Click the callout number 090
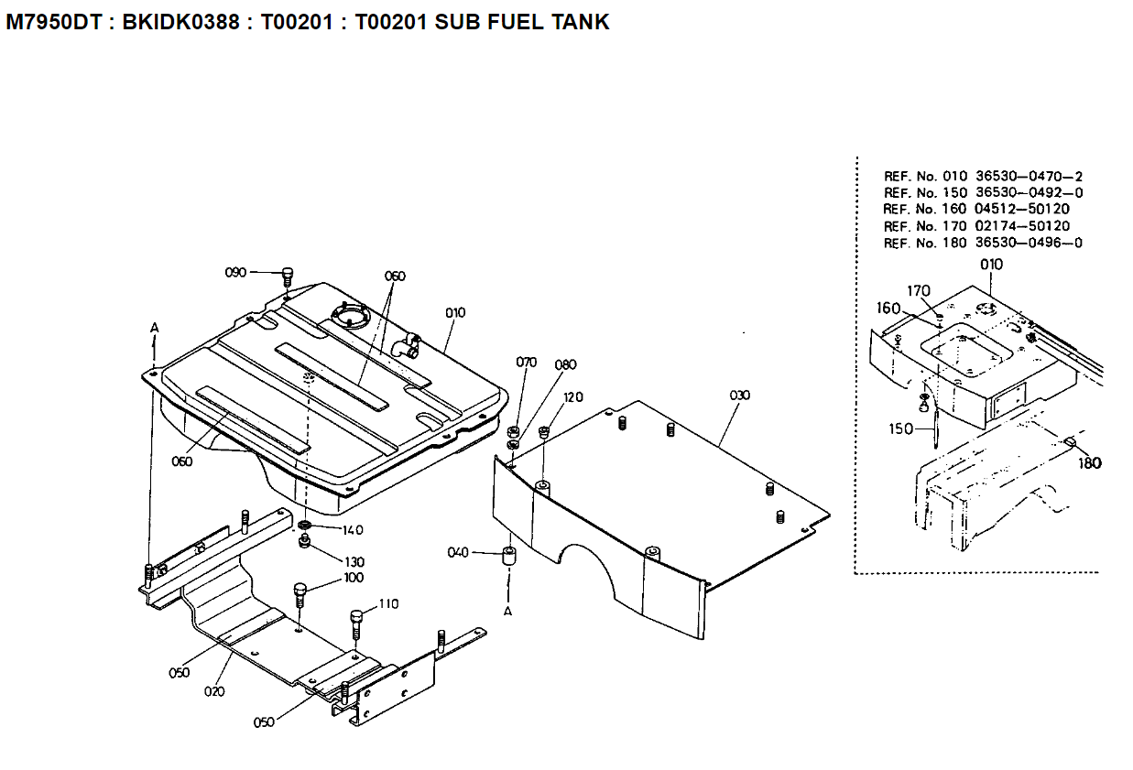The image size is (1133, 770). (235, 272)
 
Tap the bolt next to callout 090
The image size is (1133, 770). (288, 275)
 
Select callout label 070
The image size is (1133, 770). (526, 363)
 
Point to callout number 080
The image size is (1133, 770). (565, 364)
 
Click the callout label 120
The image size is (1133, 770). (573, 397)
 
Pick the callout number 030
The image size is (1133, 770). (739, 396)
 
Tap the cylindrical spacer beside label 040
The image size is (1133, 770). (508, 557)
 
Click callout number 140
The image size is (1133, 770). (353, 530)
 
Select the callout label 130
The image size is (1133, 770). (353, 561)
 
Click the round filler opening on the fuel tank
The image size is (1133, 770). (351, 319)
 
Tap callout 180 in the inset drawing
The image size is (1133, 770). (1089, 463)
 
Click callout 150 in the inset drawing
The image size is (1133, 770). (899, 428)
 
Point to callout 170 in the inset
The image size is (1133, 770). (919, 291)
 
